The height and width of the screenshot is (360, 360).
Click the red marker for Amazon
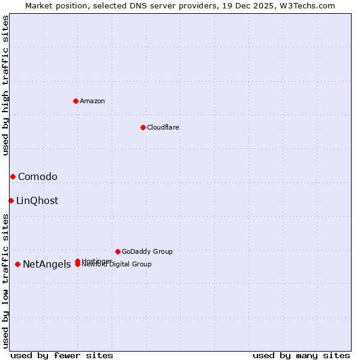76,101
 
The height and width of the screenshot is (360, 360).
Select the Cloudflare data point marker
143,127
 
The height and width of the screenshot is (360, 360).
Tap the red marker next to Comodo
13,176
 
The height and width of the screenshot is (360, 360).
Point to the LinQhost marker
11,200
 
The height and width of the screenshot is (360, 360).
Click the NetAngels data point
17,264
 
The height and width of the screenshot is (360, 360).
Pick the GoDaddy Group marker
118,251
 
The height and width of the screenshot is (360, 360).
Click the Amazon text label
92,101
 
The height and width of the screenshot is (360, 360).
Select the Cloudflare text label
163,127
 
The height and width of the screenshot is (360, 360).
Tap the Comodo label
38,176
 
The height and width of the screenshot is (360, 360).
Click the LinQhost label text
37,201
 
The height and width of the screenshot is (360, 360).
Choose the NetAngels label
47,265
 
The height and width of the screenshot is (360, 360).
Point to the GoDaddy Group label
147,251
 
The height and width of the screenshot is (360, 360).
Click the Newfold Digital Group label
117,265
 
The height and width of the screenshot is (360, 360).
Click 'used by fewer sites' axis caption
62,355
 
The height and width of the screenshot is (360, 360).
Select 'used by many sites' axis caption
301,355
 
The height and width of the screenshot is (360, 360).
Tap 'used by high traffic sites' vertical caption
6,85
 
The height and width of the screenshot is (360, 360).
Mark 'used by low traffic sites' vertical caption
6,280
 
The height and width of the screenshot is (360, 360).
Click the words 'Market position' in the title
52,5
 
